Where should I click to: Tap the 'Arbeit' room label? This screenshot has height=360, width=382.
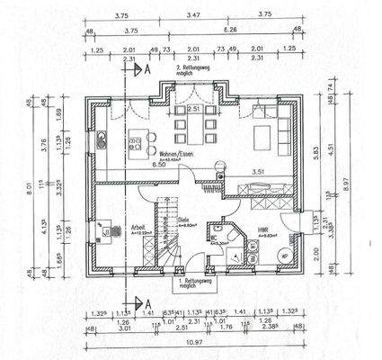coord(138,226)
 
